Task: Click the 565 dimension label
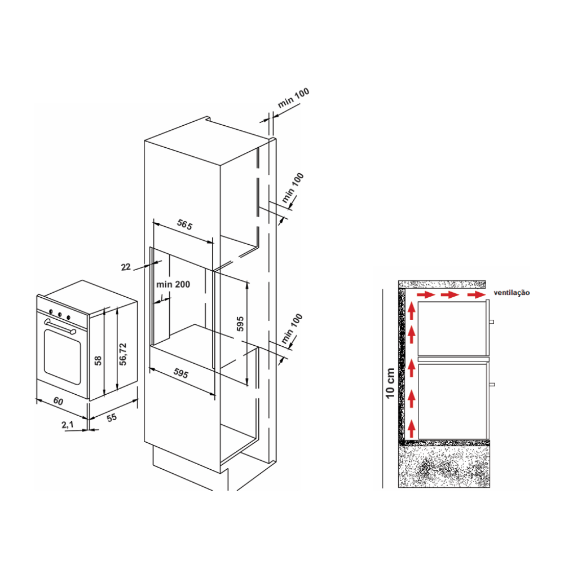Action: [x=185, y=225]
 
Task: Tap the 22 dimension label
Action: [x=126, y=267]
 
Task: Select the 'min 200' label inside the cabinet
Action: [x=173, y=284]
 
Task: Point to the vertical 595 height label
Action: [x=240, y=324]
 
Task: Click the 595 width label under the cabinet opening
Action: [x=180, y=374]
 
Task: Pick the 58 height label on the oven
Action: [x=98, y=361]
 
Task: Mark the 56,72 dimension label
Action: [x=123, y=354]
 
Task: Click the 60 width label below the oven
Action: [x=58, y=400]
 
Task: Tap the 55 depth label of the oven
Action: [x=112, y=417]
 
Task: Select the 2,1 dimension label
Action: [x=67, y=425]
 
